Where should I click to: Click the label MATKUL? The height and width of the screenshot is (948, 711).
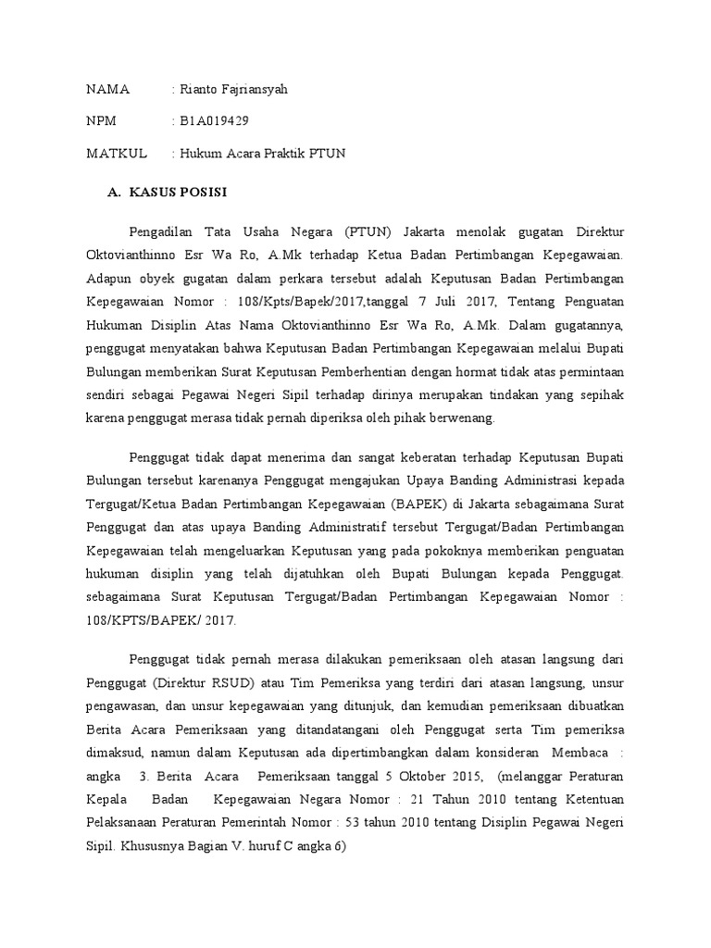[x=117, y=153]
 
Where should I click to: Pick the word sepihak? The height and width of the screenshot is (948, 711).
[x=602, y=394]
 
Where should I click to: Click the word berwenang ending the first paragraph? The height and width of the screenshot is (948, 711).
[x=462, y=418]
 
